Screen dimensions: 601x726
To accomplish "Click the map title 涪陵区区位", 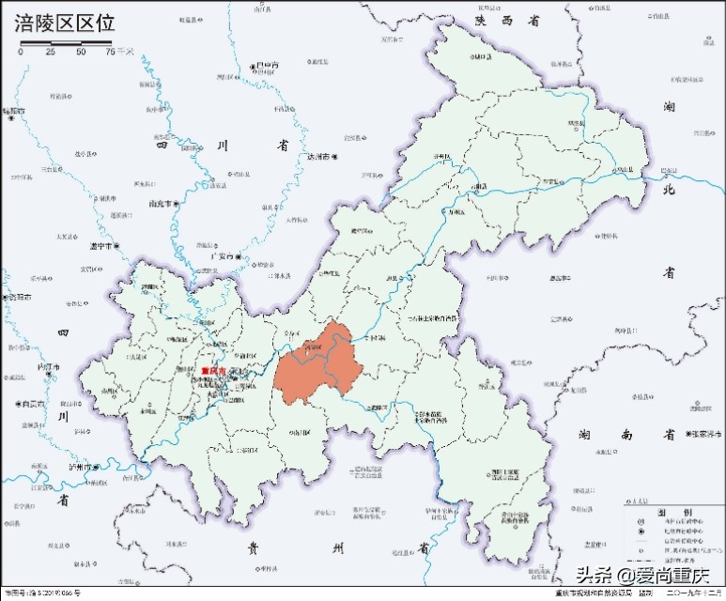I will tap(64, 24).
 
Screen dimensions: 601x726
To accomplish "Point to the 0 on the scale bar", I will tap(20, 53).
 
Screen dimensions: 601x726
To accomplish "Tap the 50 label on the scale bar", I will tap(82, 53).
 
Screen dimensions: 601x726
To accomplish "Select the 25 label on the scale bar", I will tap(51, 53).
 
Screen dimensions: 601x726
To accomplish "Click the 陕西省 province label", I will tap(509, 20).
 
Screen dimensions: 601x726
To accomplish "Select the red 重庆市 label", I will tap(215, 371).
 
